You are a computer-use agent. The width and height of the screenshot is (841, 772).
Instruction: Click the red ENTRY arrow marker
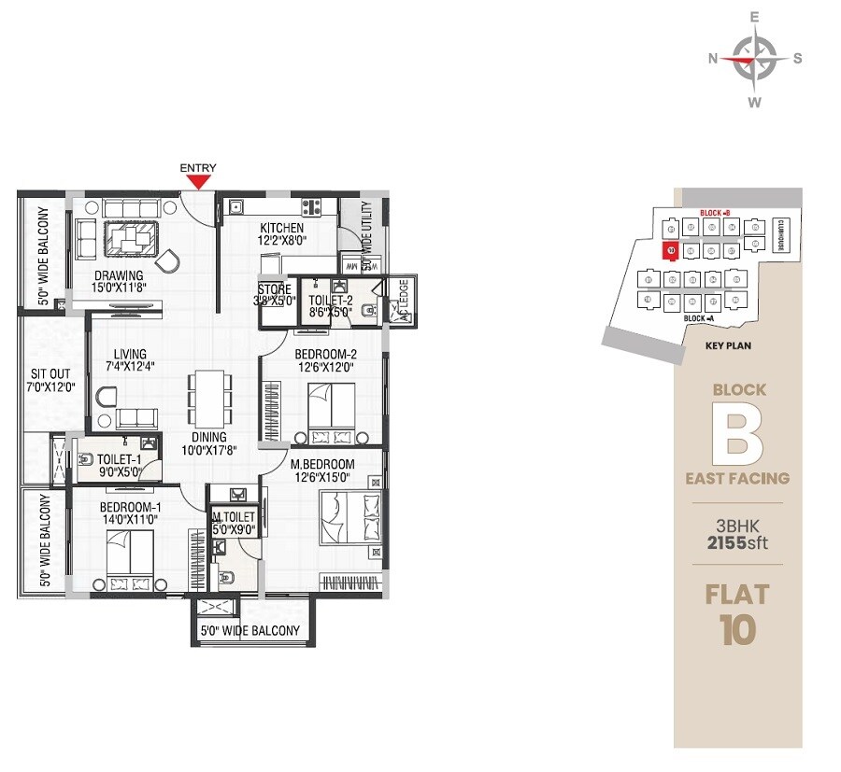pos(198,183)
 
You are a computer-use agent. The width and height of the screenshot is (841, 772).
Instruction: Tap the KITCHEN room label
pos(281,228)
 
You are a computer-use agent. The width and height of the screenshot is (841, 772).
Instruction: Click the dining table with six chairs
pos(207,396)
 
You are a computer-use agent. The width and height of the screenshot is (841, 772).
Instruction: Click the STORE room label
pos(274,289)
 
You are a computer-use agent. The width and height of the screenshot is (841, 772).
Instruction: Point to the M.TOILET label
pos(233,516)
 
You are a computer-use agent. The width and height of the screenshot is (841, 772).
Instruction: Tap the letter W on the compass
pos(755,102)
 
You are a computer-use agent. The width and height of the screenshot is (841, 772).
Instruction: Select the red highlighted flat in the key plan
pos(669,250)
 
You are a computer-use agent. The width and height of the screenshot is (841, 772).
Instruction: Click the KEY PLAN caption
pos(729,344)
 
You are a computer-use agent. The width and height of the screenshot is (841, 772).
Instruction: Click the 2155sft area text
pos(737,542)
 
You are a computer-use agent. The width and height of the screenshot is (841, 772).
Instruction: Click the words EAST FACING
pos(737,478)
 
